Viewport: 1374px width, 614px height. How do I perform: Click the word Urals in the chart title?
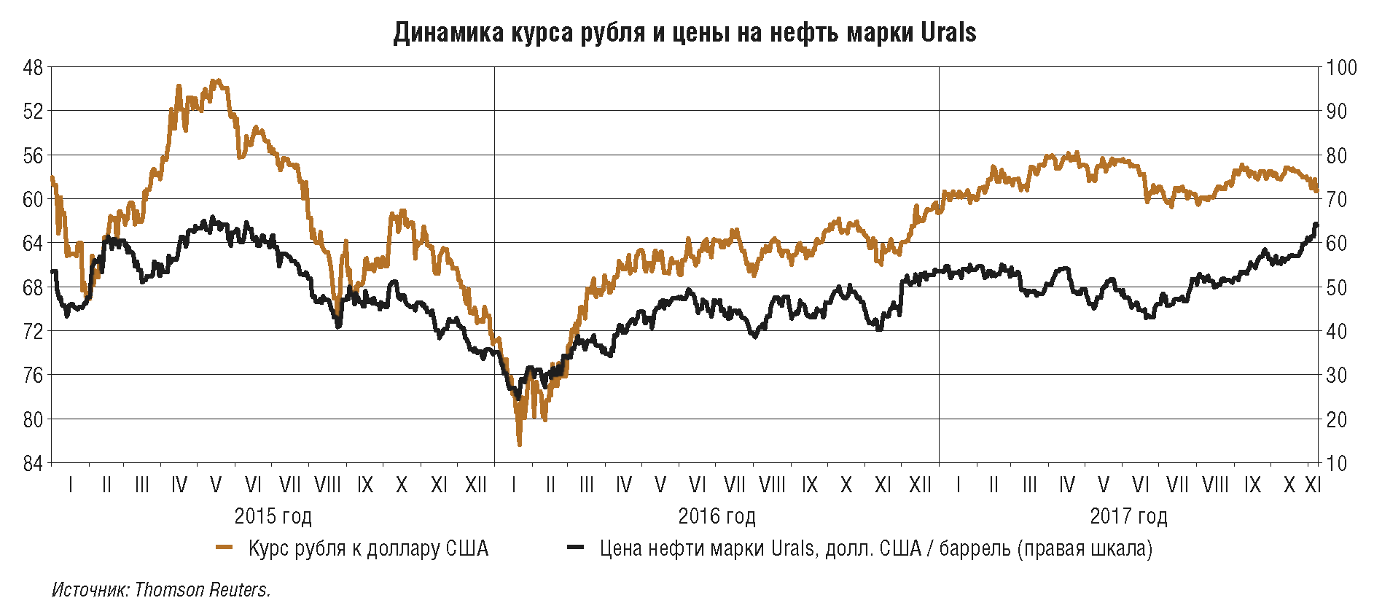point(948,33)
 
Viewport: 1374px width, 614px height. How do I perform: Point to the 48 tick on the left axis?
point(34,68)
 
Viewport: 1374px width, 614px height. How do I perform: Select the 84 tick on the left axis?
point(34,463)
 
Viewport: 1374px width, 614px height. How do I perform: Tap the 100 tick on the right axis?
point(1341,68)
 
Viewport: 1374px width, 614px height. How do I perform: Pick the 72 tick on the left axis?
point(34,331)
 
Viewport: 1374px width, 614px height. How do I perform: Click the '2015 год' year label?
point(273,516)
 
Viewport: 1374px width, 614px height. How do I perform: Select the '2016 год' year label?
point(717,516)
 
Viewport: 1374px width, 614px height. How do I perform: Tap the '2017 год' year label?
point(1128,516)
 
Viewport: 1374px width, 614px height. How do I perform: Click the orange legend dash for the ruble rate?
point(225,548)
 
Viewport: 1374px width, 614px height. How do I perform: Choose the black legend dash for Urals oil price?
point(576,548)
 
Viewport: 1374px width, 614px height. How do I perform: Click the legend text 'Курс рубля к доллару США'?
point(368,548)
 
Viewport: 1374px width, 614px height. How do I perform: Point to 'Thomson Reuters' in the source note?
point(202,590)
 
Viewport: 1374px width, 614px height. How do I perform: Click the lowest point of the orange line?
point(520,444)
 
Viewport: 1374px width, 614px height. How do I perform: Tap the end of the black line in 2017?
point(1316,225)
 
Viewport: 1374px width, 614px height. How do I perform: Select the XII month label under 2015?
point(476,485)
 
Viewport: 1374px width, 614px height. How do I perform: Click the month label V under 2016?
point(660,485)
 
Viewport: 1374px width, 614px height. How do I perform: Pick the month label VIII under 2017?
point(1215,485)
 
